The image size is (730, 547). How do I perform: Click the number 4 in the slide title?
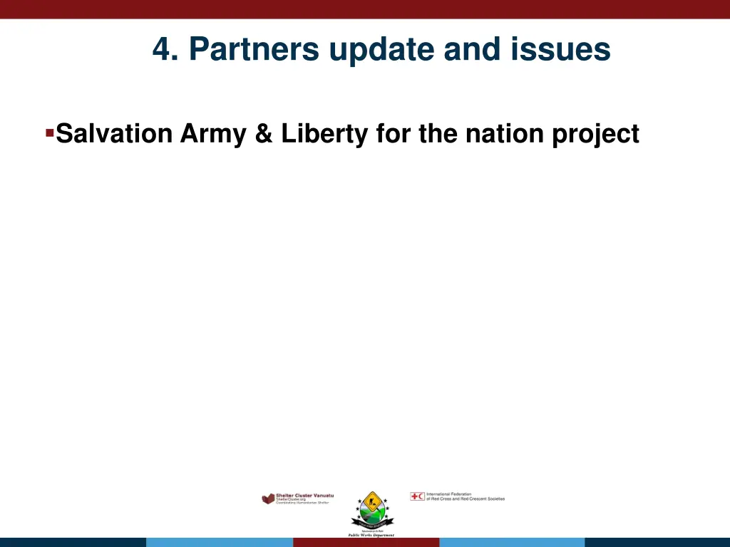point(163,50)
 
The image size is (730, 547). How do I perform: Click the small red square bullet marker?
point(49,132)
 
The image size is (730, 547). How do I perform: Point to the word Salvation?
point(114,134)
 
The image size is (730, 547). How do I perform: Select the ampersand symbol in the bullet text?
point(263,134)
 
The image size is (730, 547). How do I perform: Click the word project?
point(596,134)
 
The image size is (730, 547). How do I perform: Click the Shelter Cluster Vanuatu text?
point(304,495)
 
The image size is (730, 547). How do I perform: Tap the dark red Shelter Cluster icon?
point(268,499)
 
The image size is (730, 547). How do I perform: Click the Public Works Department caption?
point(371,534)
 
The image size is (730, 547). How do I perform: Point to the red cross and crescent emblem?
point(417,496)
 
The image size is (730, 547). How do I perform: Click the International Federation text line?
point(453,494)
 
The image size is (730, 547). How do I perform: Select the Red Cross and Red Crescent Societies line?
point(465,499)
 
